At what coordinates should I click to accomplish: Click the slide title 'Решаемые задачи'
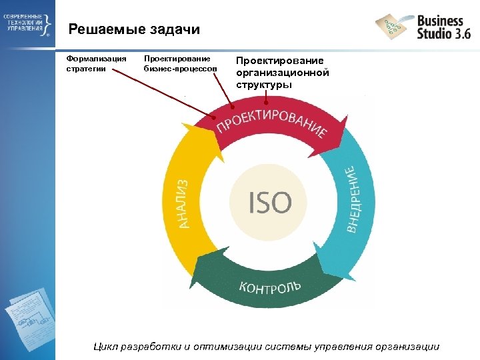134,30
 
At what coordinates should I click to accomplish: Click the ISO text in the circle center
270,202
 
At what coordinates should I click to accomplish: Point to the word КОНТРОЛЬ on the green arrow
270,287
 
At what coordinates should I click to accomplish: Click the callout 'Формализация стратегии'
96,64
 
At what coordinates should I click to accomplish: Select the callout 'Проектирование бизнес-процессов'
180,64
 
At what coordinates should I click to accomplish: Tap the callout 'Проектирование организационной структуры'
283,73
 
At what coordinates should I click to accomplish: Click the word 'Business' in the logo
440,21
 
